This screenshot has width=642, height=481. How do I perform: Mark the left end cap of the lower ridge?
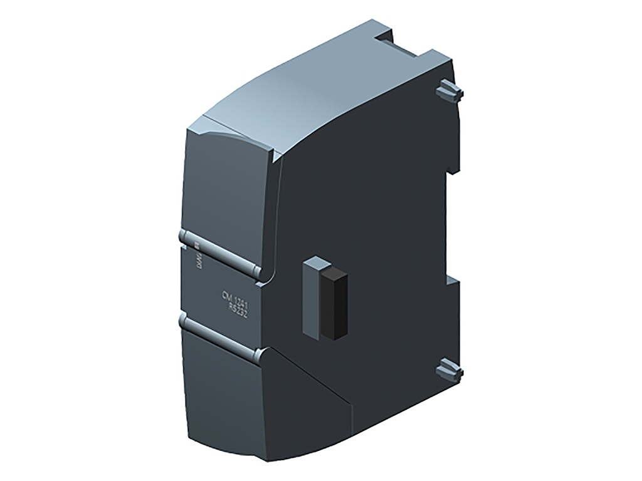coord(183,321)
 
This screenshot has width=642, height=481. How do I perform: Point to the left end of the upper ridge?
coord(182,236)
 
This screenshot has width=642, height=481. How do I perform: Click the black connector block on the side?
coord(336,304)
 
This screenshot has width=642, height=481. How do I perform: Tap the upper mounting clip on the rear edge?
coord(449,93)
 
